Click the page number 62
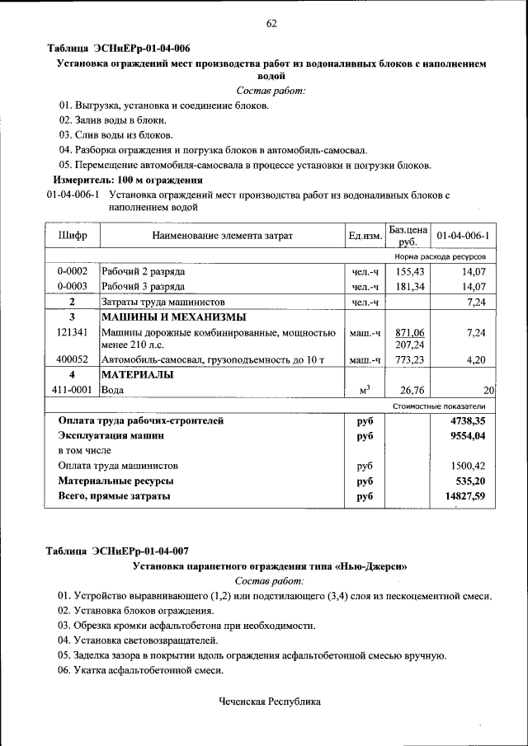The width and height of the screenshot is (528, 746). (271, 23)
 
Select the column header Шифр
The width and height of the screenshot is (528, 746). (73, 236)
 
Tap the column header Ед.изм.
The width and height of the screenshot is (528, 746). (365, 237)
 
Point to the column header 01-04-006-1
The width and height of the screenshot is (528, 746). (463, 237)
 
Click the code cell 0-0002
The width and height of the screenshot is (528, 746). (73, 271)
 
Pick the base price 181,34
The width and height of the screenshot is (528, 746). (409, 287)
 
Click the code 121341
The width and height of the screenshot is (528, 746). (73, 332)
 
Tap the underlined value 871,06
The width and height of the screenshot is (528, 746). (409, 332)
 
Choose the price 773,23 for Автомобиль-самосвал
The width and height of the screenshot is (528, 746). (409, 360)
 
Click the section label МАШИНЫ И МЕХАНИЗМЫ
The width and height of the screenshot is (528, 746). (172, 317)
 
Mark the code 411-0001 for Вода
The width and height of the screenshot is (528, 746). (73, 391)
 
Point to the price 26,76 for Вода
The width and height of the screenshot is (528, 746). (411, 391)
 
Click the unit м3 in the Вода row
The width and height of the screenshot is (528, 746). (364, 391)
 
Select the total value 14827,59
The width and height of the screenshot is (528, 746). (464, 496)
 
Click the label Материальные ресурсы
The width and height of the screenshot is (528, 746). (115, 481)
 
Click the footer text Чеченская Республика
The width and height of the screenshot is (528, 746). (269, 701)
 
